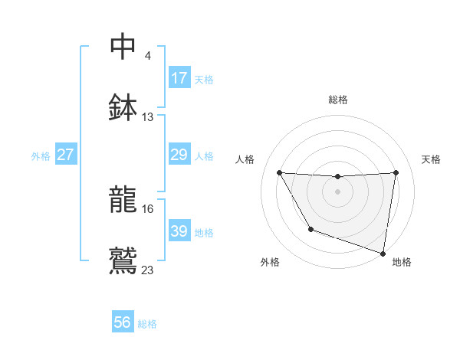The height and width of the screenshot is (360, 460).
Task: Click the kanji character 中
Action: (x=123, y=46)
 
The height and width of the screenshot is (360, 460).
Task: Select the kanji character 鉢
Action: (x=123, y=106)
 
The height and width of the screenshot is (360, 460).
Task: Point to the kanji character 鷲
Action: (x=123, y=260)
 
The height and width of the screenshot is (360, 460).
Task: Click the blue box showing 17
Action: (x=179, y=78)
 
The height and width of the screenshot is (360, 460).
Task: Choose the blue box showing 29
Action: (x=179, y=155)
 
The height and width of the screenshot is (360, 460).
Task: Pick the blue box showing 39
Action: (x=179, y=231)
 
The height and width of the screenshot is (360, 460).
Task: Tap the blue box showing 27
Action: (x=66, y=155)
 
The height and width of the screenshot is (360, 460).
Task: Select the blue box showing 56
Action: (x=123, y=322)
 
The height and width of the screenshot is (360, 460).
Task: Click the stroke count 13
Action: (x=148, y=117)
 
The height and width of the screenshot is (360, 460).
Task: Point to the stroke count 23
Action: (x=148, y=270)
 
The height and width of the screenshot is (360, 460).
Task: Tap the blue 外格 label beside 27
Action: (x=41, y=155)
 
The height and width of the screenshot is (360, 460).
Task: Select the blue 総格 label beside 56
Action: (x=147, y=324)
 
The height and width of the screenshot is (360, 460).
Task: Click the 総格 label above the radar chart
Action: (x=338, y=100)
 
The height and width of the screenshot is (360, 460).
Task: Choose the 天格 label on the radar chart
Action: (x=431, y=159)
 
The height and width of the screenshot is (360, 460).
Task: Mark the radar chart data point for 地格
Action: (x=383, y=253)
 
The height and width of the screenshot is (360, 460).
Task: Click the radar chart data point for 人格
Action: (x=279, y=172)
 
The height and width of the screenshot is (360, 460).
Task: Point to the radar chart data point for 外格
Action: (x=310, y=229)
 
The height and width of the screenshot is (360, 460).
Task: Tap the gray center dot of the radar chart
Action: (x=338, y=191)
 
